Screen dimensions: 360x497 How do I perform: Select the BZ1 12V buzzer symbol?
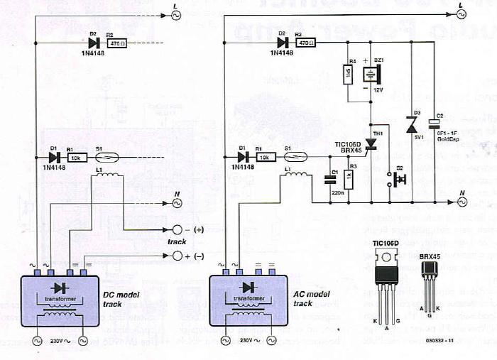(371, 75)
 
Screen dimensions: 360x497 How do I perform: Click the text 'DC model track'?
(110, 299)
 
